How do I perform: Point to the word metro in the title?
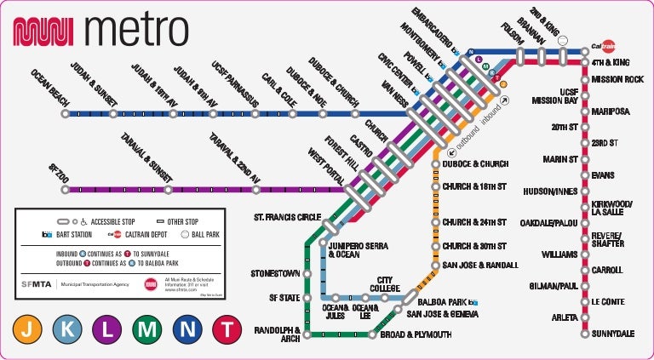[136, 31]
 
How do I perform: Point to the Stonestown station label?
[275, 274]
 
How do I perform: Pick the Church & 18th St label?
[474, 186]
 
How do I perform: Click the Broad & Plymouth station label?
[416, 335]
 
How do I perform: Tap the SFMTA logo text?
[35, 284]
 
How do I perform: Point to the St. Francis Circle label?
[288, 218]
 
